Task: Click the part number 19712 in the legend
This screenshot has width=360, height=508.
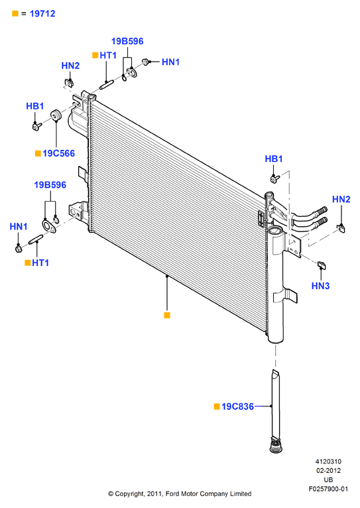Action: (x=42, y=14)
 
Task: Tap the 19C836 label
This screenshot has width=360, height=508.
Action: (x=237, y=407)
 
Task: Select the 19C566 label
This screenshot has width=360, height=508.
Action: (x=58, y=153)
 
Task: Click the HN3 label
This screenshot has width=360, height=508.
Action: (x=320, y=286)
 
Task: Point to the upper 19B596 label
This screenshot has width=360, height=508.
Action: (x=127, y=41)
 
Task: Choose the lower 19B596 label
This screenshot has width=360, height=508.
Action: (x=50, y=185)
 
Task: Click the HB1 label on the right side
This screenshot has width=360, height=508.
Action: (x=274, y=159)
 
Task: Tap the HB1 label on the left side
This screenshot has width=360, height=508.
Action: (x=35, y=106)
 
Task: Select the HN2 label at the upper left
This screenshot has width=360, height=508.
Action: (x=70, y=66)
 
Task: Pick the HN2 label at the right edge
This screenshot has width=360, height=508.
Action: (x=341, y=199)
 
